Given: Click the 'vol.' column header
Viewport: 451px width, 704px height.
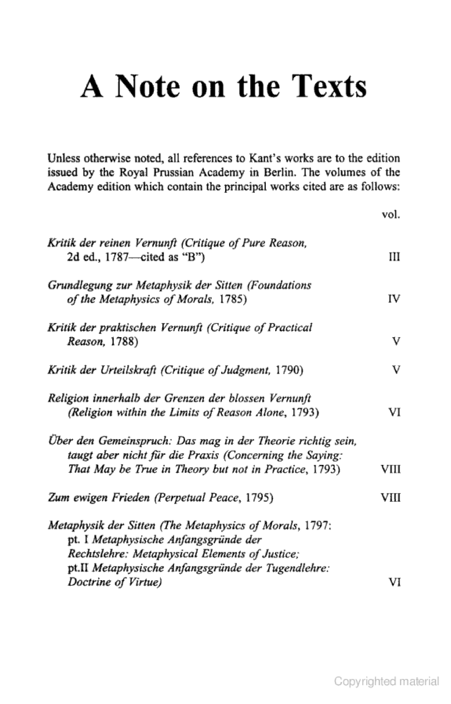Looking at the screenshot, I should (x=391, y=215).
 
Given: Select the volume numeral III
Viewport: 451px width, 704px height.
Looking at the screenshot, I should (x=394, y=257).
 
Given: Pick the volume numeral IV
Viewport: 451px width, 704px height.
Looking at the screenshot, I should (x=394, y=299).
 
